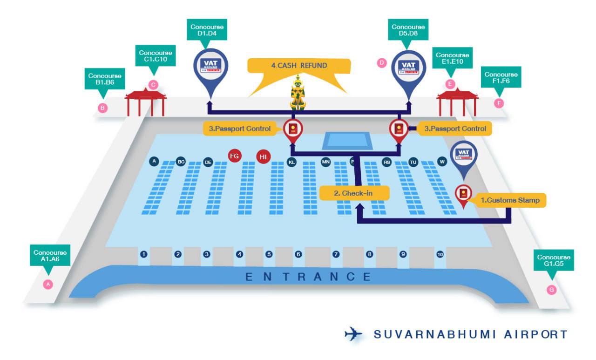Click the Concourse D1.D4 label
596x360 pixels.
(207, 31)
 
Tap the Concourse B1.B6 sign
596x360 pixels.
(105, 79)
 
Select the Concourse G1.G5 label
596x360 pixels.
(554, 260)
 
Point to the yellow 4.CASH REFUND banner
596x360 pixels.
(299, 66)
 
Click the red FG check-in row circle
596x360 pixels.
(234, 156)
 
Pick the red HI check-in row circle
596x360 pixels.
(263, 157)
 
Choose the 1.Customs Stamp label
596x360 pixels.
(509, 200)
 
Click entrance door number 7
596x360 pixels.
(336, 254)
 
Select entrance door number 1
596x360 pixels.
(144, 254)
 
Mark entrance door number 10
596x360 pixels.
(440, 254)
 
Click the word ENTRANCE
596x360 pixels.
(308, 277)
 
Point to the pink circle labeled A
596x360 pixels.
(47, 284)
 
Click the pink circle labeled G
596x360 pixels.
(552, 290)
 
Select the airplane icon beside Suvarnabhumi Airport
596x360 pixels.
(354, 334)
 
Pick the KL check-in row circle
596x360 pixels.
(291, 162)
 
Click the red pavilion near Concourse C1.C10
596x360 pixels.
(146, 102)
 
